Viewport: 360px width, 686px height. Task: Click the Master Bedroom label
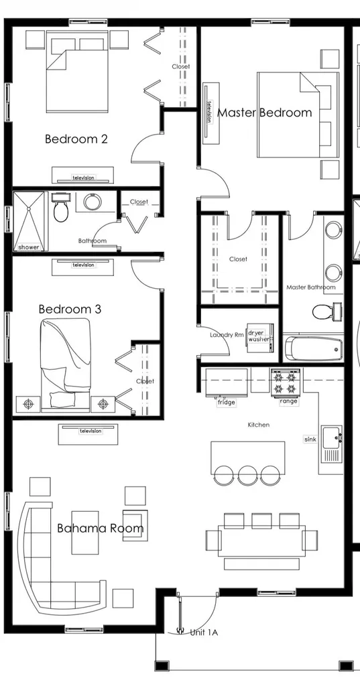pos(264,113)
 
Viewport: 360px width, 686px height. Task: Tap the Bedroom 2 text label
pos(76,139)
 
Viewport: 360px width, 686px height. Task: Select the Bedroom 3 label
pos(70,310)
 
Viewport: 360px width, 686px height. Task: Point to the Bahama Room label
pos(100,529)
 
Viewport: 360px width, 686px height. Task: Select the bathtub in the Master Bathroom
pos(314,348)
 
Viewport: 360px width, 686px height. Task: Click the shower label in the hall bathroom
pos(28,247)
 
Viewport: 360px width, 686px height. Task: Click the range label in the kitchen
pos(288,401)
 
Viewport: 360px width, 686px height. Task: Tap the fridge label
pos(226,403)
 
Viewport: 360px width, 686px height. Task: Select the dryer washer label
pos(259,336)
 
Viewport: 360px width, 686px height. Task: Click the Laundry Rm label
pos(226,335)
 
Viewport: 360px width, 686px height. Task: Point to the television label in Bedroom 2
pos(84,178)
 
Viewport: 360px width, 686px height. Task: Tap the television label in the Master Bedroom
pos(209,111)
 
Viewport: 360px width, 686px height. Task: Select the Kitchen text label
pos(259,425)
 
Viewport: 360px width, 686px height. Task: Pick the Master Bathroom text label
pos(311,287)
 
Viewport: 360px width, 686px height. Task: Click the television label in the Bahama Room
pos(90,431)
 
